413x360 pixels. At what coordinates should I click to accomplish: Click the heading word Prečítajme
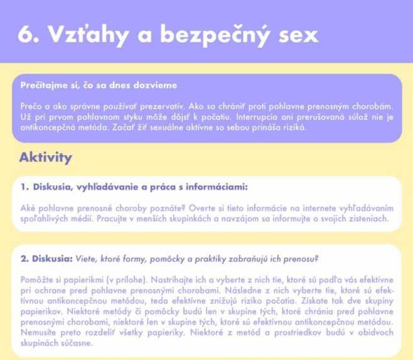click(45, 85)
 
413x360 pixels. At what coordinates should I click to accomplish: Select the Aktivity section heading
click(46, 157)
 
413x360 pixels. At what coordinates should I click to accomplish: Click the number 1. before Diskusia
click(24, 187)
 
